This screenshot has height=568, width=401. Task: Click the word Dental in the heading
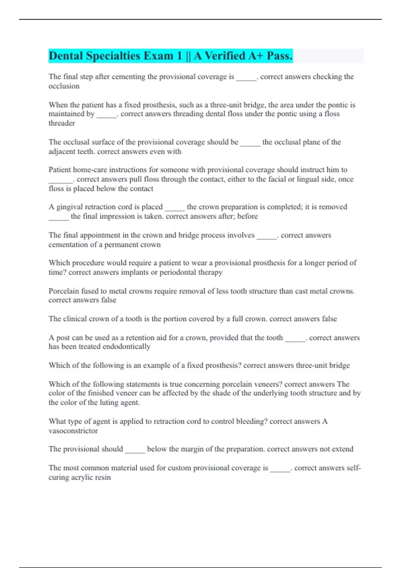(x=65, y=56)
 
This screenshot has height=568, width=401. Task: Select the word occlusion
(x=64, y=86)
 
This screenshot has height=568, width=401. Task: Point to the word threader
(x=61, y=123)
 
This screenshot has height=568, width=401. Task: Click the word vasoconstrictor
(x=73, y=431)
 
